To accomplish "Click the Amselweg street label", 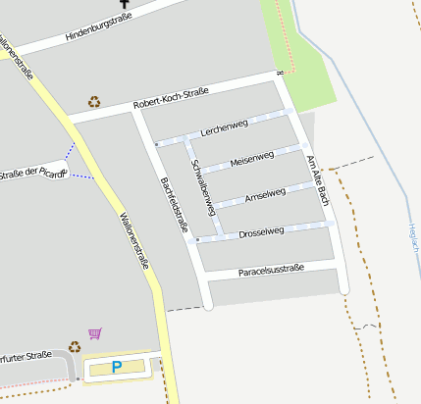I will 265,193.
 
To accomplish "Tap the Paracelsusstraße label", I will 271,270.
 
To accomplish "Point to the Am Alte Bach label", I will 315,180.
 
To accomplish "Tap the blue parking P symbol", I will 117,368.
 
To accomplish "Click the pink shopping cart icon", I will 94,333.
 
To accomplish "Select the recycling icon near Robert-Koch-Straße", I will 94,101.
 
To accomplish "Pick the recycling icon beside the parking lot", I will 75,346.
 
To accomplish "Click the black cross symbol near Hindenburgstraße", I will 125,4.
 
